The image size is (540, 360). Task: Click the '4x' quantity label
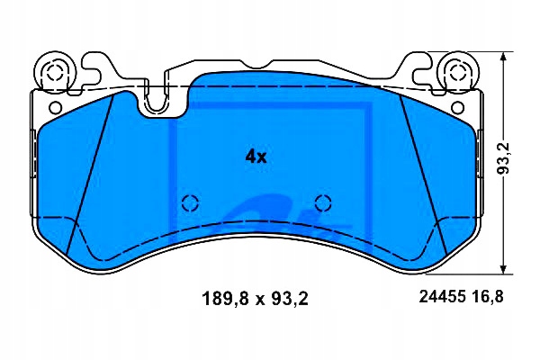point(256,156)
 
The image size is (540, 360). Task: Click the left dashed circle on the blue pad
point(189,202)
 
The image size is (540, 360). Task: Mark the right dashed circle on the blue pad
point(322,202)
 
